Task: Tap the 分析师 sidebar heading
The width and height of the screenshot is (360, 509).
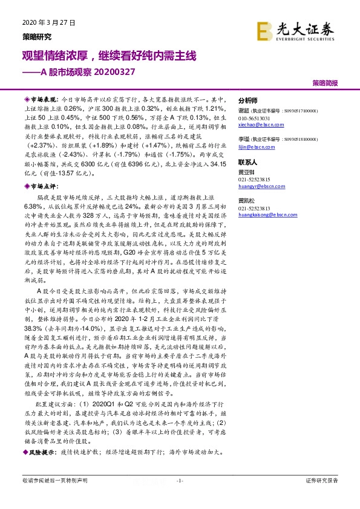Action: pos(248,100)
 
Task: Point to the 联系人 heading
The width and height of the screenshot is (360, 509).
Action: pos(248,163)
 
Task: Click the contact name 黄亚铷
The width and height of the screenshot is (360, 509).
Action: pos(247,172)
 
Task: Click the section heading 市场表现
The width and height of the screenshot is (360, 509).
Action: pos(43,98)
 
